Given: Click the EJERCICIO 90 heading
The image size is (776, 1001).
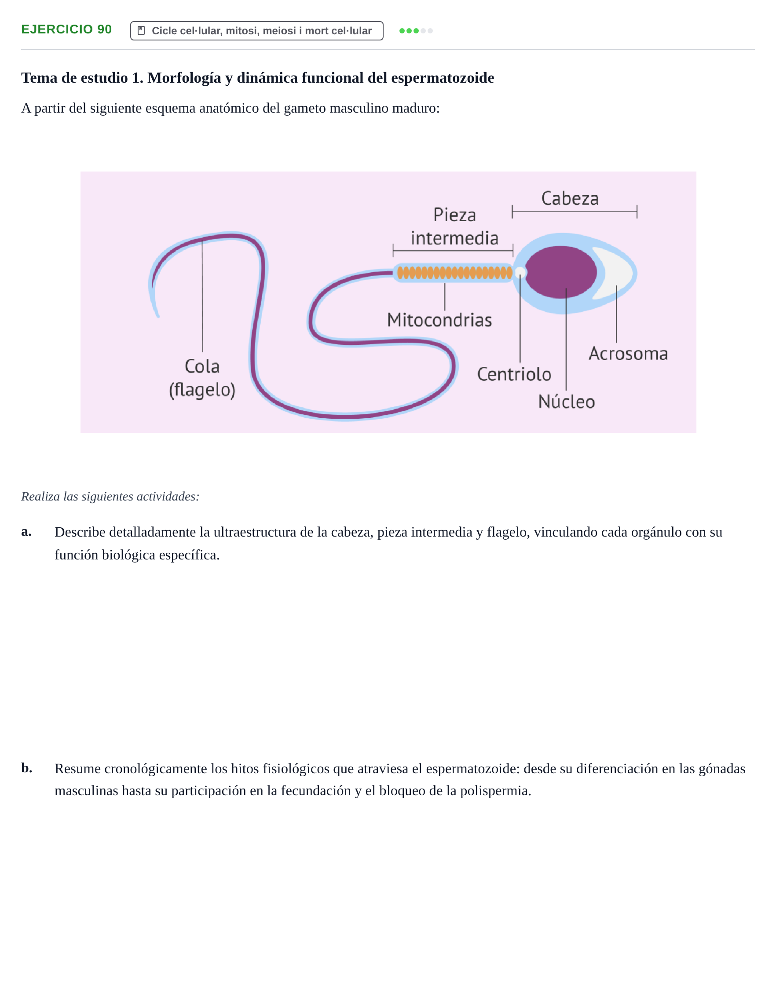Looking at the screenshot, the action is [x=66, y=29].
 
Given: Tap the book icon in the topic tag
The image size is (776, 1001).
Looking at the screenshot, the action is [x=141, y=30].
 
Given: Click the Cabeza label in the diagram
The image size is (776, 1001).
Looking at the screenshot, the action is [x=570, y=198].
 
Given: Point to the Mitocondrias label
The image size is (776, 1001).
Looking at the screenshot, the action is [x=439, y=320].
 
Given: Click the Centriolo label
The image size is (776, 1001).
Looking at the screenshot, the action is [x=514, y=374].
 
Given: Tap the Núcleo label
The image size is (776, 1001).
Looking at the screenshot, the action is [x=567, y=401].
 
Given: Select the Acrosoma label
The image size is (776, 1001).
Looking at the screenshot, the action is [x=628, y=353].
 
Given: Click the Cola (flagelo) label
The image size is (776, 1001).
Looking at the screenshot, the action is [x=202, y=378].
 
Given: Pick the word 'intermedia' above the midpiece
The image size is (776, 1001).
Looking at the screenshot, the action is [x=454, y=238].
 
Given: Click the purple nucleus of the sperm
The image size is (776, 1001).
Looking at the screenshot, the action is [x=560, y=272].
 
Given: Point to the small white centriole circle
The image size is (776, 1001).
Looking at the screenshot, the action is [x=520, y=273].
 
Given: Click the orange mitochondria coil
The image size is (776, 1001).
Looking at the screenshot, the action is [x=454, y=273].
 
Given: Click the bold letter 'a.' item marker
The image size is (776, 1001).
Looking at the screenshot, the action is [x=26, y=531].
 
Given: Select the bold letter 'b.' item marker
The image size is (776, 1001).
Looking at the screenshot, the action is [x=26, y=768].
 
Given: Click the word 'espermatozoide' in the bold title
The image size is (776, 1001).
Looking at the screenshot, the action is [x=442, y=78].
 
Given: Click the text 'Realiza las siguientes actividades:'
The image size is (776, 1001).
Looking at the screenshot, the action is [x=110, y=497].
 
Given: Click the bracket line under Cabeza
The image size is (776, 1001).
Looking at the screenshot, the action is [x=575, y=212].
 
